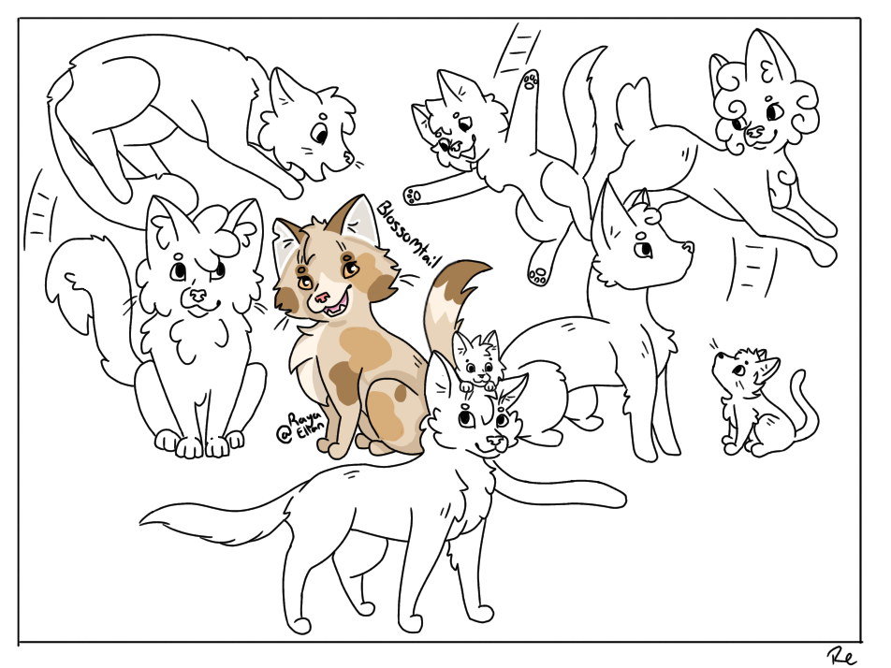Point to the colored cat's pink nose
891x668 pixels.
[321, 298]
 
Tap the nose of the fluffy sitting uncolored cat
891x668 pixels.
[198, 294]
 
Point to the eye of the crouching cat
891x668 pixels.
[320, 137]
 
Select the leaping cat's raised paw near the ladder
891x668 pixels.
[532, 80]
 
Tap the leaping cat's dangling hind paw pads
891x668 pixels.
[537, 275]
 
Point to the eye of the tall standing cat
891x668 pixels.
[644, 250]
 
